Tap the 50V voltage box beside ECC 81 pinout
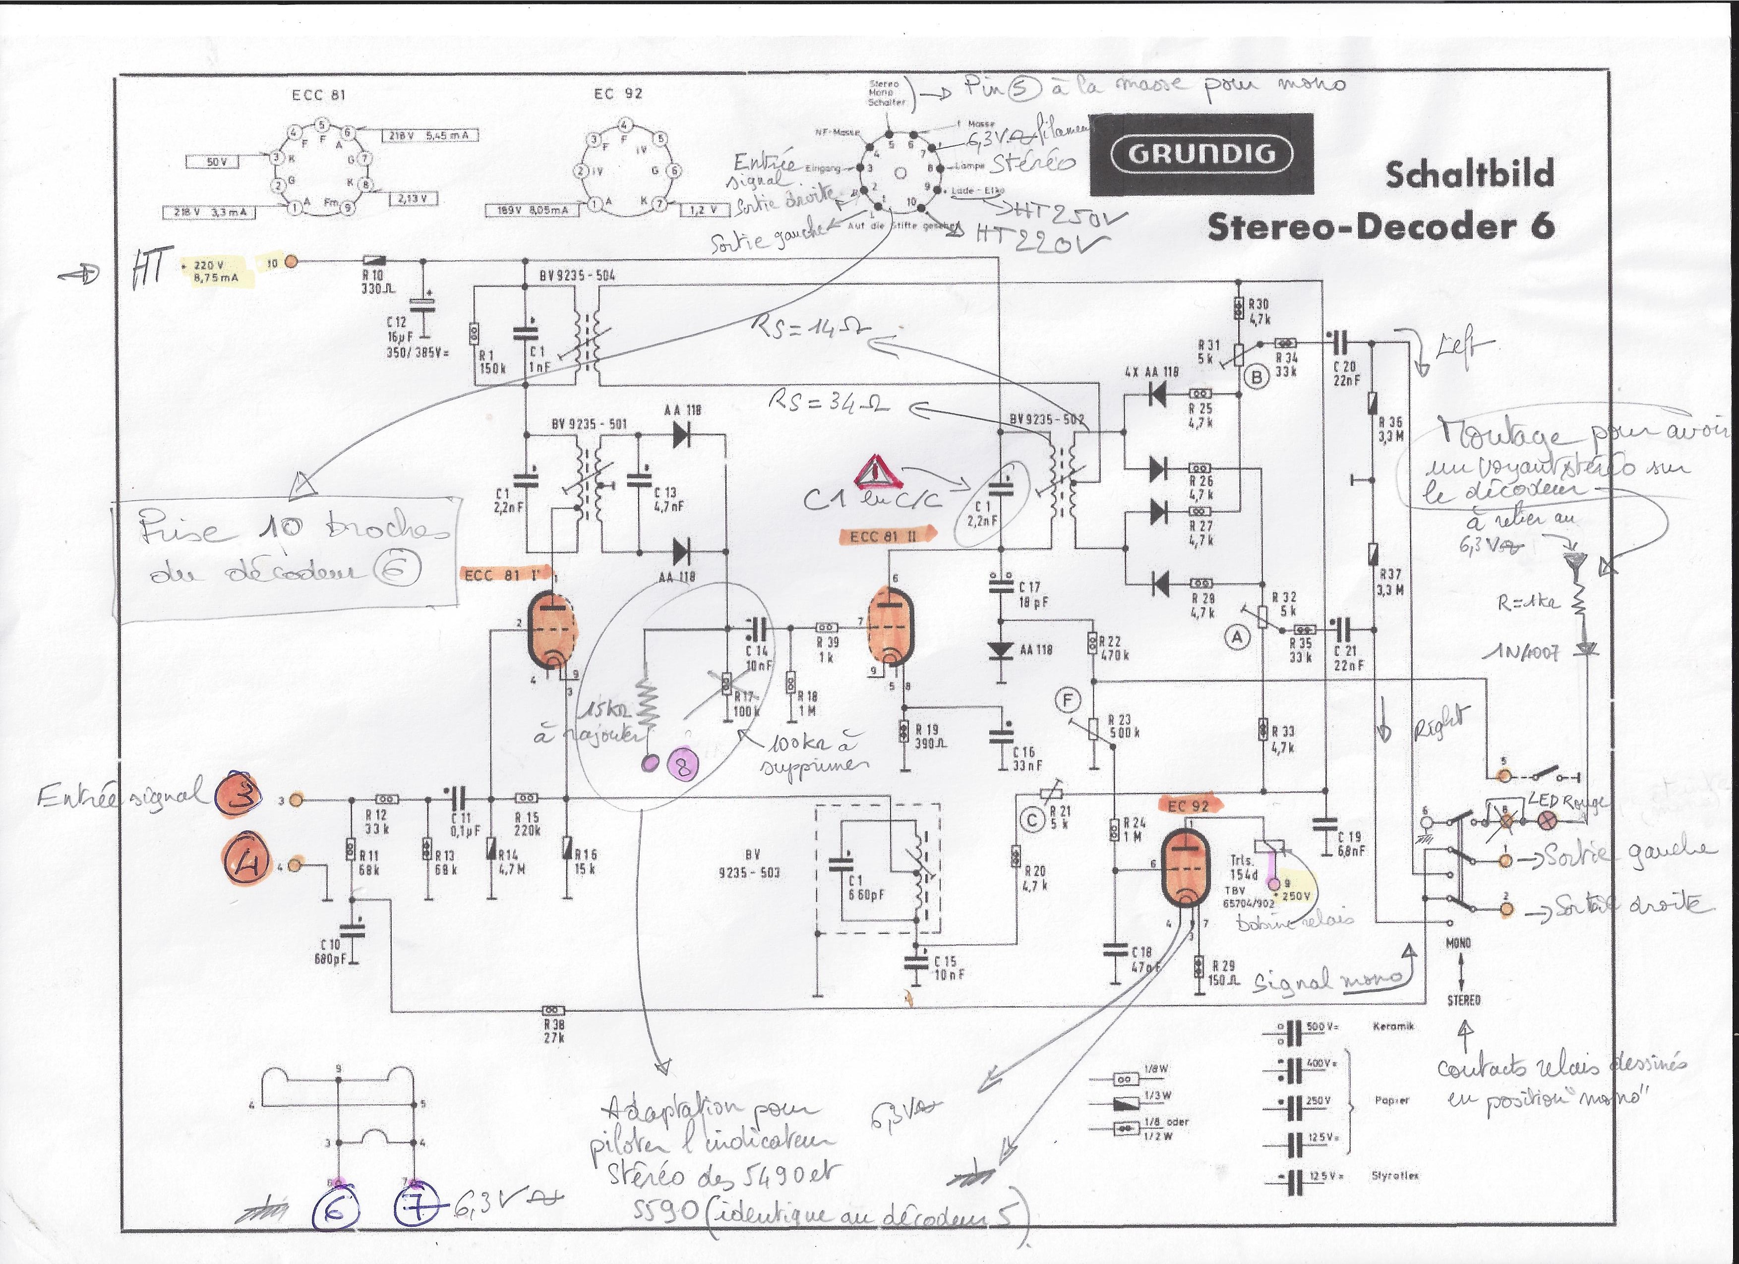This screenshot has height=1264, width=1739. click(x=212, y=162)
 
